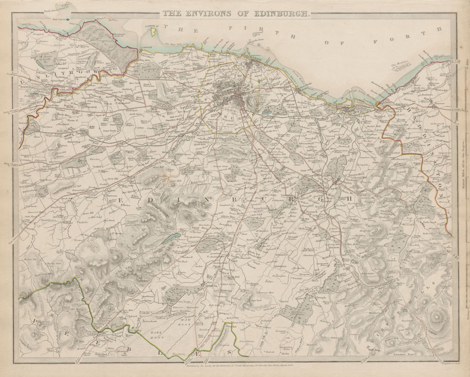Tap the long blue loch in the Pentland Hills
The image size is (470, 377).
click(170, 239)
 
